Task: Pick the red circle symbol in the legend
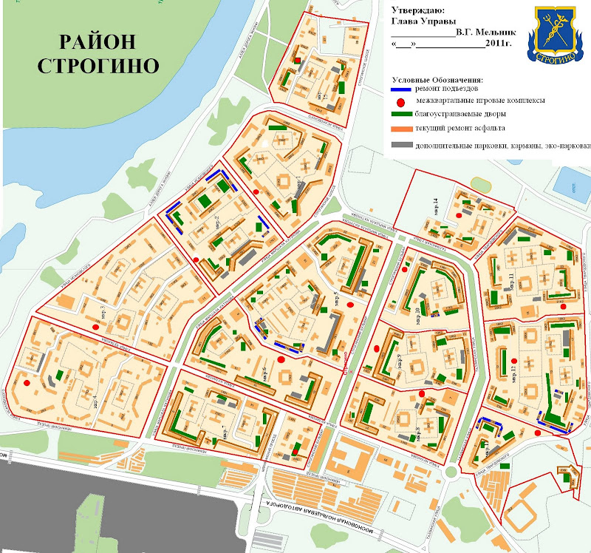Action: pyautogui.click(x=400, y=101)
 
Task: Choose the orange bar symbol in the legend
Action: pyautogui.click(x=400, y=129)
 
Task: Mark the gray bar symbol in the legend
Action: pyautogui.click(x=400, y=145)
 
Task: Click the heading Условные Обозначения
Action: pyautogui.click(x=437, y=79)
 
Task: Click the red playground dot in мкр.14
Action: pyautogui.click(x=459, y=214)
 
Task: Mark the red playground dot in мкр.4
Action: pyautogui.click(x=27, y=384)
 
